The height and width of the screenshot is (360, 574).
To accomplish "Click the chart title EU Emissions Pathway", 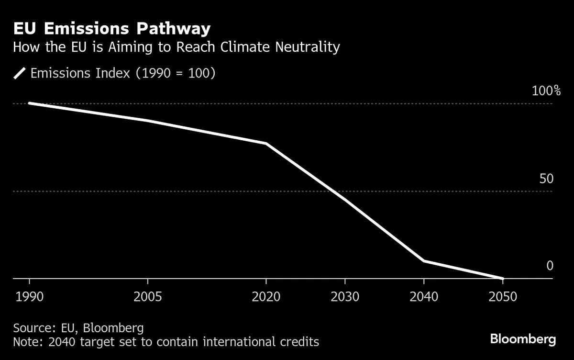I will (x=111, y=29).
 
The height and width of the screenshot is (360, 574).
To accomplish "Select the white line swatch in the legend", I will (x=20, y=73).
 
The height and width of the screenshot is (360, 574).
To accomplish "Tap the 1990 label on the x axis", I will (x=30, y=297).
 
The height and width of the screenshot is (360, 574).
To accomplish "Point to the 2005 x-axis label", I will (x=148, y=297).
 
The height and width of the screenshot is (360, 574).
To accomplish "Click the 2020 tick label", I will (x=266, y=297).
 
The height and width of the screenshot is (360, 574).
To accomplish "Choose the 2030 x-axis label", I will (x=345, y=297).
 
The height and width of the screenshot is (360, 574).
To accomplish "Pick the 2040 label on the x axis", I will (x=424, y=297).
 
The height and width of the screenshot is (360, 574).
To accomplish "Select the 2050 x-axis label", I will (x=503, y=297).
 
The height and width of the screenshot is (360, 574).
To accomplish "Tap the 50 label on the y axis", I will (x=546, y=179).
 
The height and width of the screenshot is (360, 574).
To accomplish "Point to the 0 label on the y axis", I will (x=550, y=266).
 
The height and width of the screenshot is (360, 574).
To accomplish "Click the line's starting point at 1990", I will (x=30, y=103).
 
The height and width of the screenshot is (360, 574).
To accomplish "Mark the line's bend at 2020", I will (x=266, y=144).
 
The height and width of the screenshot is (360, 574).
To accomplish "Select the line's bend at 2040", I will (x=424, y=261).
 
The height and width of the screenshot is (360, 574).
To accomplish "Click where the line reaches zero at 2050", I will (x=502, y=278).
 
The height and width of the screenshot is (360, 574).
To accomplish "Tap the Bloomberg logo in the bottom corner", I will (x=523, y=339).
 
